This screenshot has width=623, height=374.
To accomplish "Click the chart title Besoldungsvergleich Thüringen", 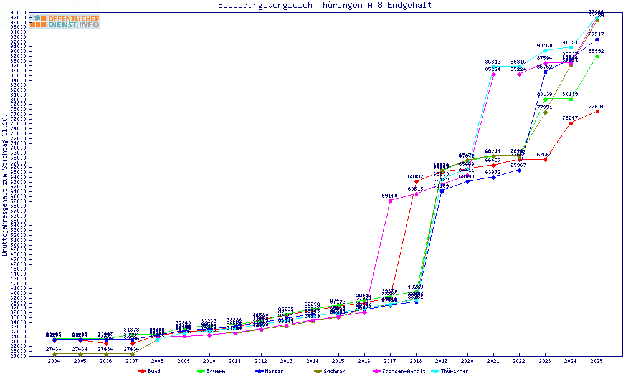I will [325, 6].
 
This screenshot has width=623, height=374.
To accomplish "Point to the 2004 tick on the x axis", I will [54, 361].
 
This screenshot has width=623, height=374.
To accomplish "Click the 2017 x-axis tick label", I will [390, 361].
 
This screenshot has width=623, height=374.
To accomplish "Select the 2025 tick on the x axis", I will [597, 361].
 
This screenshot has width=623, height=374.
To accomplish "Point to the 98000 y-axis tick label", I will [18, 12].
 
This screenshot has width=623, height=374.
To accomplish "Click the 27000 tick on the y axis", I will [18, 356].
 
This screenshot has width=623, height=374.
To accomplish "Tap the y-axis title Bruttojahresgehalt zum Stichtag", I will [5, 185].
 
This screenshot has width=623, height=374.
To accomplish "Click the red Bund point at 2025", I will [597, 112].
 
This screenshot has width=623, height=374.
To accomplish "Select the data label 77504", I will [597, 107].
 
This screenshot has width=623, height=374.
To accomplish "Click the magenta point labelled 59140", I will [390, 201].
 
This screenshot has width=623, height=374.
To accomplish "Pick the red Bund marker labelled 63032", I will [416, 182].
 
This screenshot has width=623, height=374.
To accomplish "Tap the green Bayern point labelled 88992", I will [597, 56].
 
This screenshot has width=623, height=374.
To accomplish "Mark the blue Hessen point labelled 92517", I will [597, 39].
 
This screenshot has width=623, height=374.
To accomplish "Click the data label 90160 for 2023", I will [545, 46].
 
